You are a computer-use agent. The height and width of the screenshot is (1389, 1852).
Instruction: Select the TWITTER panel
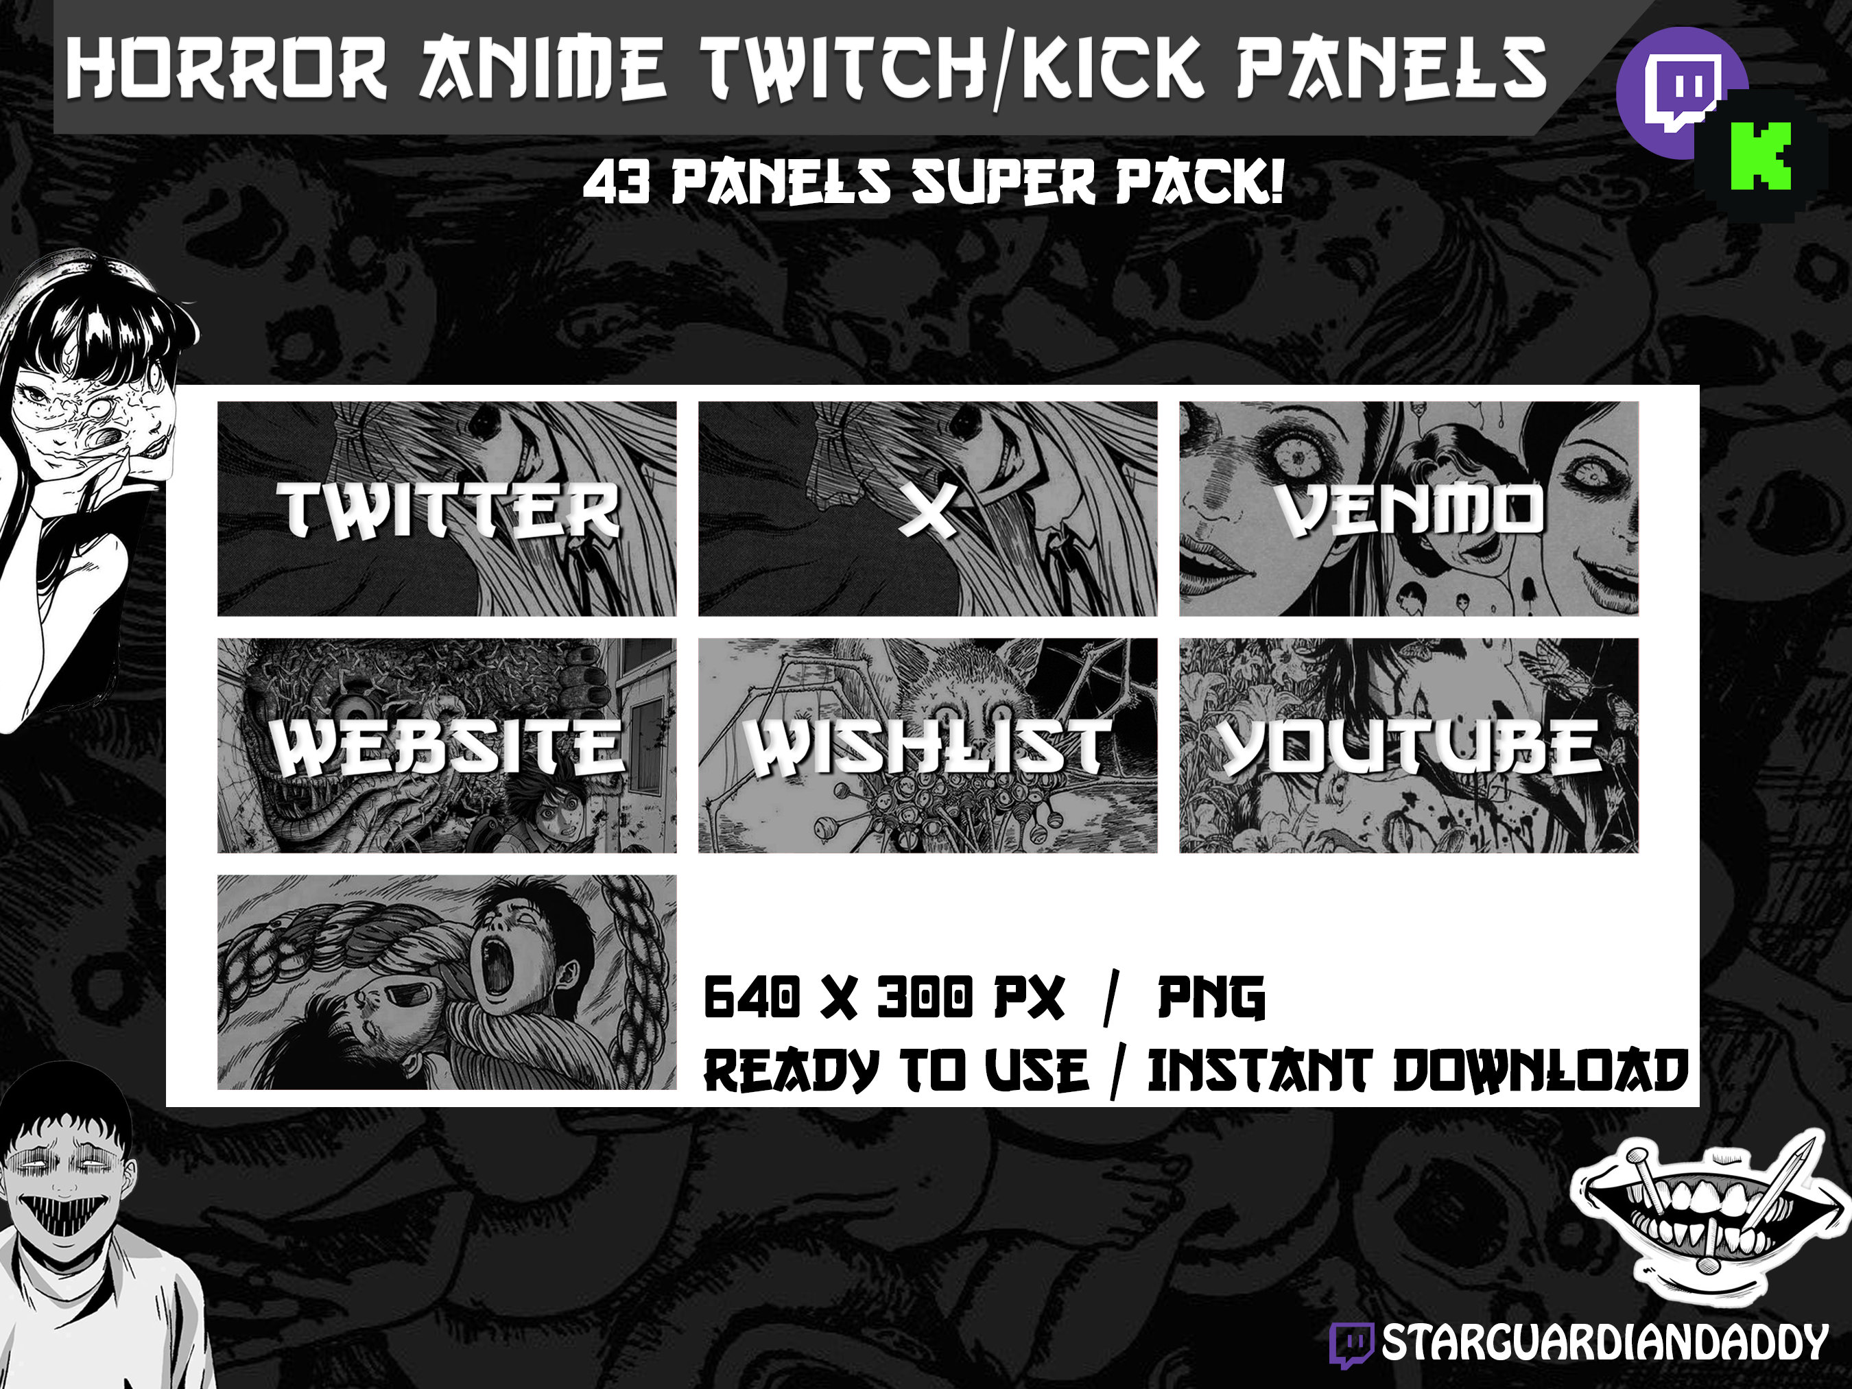click(x=447, y=508)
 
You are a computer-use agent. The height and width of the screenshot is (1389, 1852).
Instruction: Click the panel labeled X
click(x=927, y=508)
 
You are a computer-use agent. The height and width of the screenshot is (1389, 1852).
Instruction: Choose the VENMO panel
click(x=1408, y=508)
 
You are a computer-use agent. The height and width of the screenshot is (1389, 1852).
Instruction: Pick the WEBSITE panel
click(x=447, y=745)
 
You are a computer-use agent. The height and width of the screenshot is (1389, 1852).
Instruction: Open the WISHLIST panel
click(x=927, y=745)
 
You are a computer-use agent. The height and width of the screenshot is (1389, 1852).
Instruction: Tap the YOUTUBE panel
click(x=1408, y=745)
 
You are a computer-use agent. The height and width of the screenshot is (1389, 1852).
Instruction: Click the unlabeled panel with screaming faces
click(x=447, y=982)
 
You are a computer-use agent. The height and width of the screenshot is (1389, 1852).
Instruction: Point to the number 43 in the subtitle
click(x=615, y=183)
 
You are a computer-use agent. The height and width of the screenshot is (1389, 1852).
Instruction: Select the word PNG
click(x=1211, y=997)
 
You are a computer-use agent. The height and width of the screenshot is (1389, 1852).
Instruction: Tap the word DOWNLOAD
click(x=1541, y=1071)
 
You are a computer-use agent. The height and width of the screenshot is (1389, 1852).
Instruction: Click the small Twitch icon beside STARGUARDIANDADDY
click(x=1351, y=1344)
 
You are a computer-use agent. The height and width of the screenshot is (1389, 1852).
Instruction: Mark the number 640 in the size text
click(x=751, y=997)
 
